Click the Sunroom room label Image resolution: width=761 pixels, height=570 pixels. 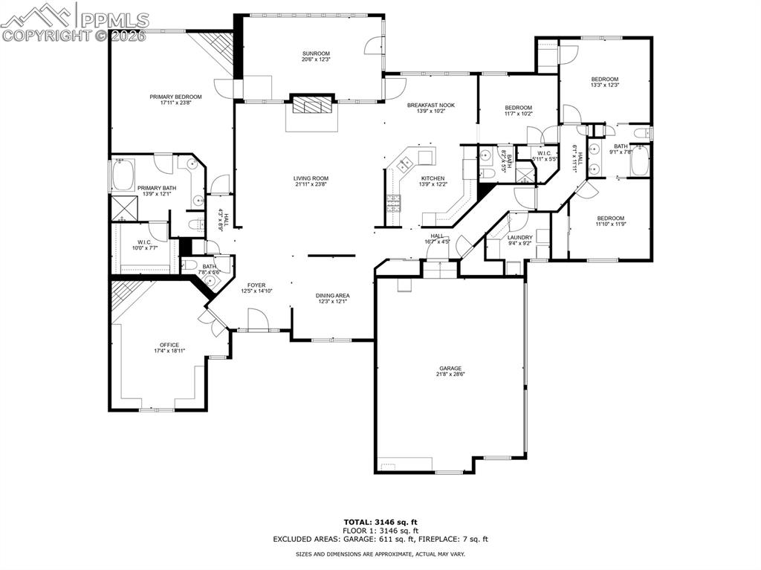tap(315, 54)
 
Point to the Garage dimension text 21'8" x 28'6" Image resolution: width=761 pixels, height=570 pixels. tap(450, 375)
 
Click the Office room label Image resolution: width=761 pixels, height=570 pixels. tap(169, 345)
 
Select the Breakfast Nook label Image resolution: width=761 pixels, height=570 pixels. tap(430, 106)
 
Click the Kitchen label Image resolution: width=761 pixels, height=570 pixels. tap(433, 178)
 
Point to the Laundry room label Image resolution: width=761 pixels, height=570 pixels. tap(520, 237)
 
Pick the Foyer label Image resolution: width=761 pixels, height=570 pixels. tap(257, 285)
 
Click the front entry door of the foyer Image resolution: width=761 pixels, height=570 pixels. tap(259, 321)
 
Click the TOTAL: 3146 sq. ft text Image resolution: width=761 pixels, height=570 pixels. tap(380, 522)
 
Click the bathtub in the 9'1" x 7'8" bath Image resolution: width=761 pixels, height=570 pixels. tap(640, 162)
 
